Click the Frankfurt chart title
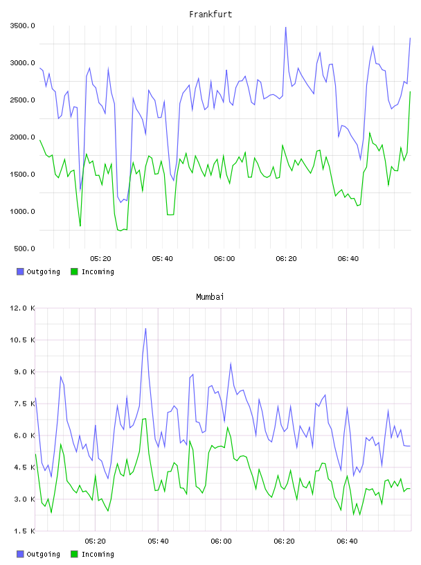coord(210,15)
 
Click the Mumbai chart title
coord(210,297)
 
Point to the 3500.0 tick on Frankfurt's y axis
coord(22,26)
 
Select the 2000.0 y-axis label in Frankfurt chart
coord(22,137)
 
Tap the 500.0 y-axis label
coord(24,249)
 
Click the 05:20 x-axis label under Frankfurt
coord(100,258)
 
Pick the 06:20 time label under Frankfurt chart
coord(286,258)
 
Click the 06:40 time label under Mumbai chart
coord(347,541)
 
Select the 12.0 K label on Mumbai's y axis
coord(22,308)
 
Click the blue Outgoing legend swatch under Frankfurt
coord(20,271)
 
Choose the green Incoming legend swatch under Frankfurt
coord(74,271)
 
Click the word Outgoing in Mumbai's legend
coord(43,554)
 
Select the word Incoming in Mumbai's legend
coord(98,554)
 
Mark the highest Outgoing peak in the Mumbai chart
coord(145,328)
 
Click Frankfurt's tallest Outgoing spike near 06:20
coord(286,28)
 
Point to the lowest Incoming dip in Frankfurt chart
coord(120,231)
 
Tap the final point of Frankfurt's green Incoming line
coord(410,91)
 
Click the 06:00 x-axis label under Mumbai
coord(221,541)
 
